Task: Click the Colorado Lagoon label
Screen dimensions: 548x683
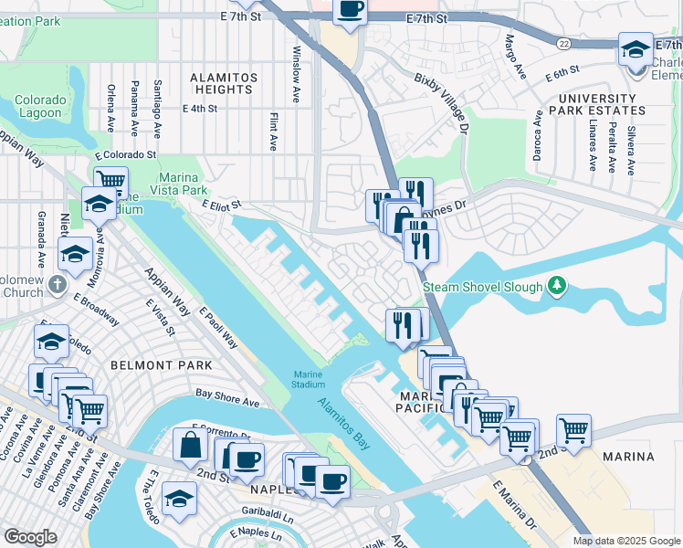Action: tap(39, 106)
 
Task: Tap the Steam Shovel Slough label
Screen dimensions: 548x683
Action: tap(481, 287)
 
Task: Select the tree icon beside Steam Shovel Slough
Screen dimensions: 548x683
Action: tap(554, 287)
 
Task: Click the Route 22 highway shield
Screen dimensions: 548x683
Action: tap(566, 44)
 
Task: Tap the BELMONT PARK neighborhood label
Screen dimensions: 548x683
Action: tap(161, 365)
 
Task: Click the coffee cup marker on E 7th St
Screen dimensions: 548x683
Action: tap(350, 11)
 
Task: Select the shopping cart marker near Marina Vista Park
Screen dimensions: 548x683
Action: tap(110, 181)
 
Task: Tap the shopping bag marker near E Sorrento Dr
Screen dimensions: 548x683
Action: tap(192, 445)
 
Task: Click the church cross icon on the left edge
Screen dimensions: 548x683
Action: tap(57, 283)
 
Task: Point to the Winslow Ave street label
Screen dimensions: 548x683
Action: tap(296, 74)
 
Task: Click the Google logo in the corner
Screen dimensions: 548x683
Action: tap(30, 537)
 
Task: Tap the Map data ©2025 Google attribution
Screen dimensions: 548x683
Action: tap(625, 541)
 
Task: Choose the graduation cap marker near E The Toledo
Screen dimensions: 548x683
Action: tap(178, 498)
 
